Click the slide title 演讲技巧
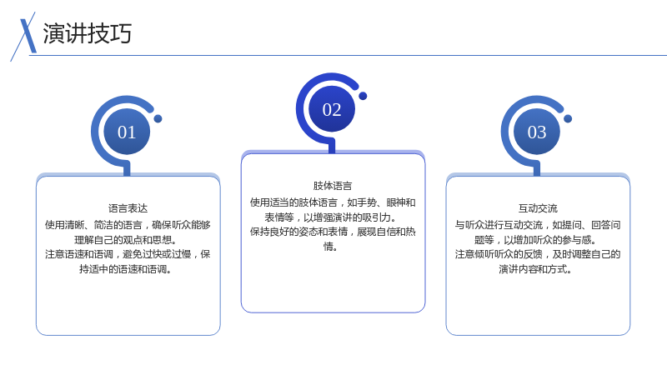pyautogui.click(x=88, y=33)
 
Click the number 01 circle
pyautogui.click(x=127, y=132)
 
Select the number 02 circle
pyautogui.click(x=332, y=109)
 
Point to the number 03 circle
pyautogui.click(x=537, y=132)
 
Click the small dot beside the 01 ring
pyautogui.click(x=158, y=118)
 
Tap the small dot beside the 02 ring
pyautogui.click(x=363, y=96)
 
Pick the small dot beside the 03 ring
pyautogui.click(x=568, y=118)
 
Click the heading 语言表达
pyautogui.click(x=128, y=208)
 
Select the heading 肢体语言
pyautogui.click(x=333, y=186)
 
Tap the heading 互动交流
pyautogui.click(x=538, y=208)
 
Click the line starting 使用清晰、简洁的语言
pyautogui.click(x=128, y=225)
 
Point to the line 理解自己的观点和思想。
pyautogui.click(x=126, y=240)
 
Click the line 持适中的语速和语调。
pyautogui.click(x=126, y=269)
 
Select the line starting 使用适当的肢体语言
pyautogui.click(x=333, y=202)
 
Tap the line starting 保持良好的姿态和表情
pyautogui.click(x=333, y=232)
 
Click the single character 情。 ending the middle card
pyautogui.click(x=330, y=247)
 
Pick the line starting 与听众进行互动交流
pyautogui.click(x=538, y=225)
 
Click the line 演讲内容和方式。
pyautogui.click(x=535, y=269)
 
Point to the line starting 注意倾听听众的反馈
pyautogui.click(x=538, y=254)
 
